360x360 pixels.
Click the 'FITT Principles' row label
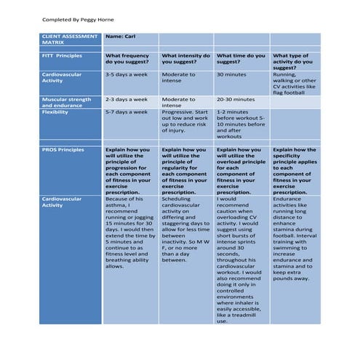click(63, 55)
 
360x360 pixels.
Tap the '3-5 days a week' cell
click(127, 74)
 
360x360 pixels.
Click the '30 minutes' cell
click(231, 74)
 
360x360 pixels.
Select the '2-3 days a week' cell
click(127, 99)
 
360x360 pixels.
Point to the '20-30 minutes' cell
click(236, 99)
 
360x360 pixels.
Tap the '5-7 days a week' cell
click(127, 112)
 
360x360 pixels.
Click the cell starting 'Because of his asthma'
click(130, 233)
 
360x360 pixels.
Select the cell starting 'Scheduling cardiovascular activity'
click(185, 228)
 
